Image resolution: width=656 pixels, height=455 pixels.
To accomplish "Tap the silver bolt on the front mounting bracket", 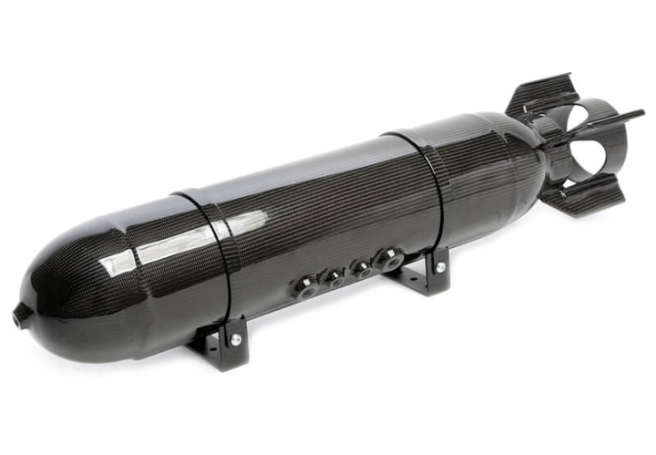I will click(x=235, y=339).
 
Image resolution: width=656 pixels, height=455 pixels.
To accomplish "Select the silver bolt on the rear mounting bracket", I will click(x=440, y=267).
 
